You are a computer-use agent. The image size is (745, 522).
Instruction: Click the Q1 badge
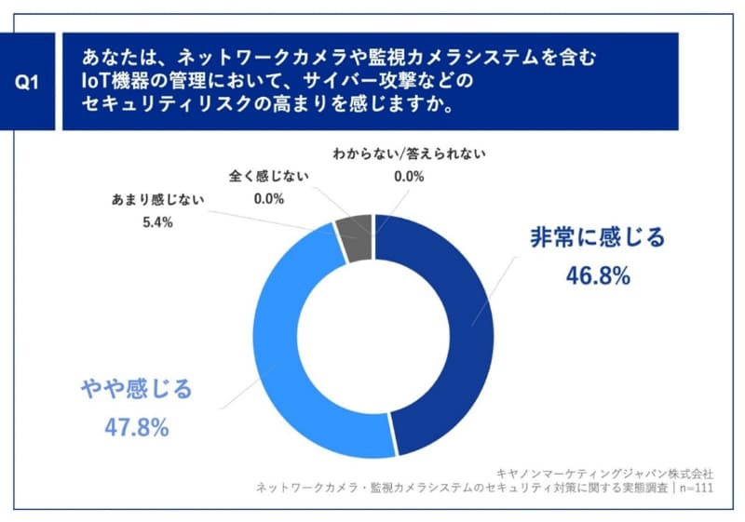(x=29, y=82)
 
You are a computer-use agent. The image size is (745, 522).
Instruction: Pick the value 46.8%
(x=598, y=275)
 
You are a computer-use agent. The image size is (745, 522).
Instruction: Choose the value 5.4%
(x=160, y=222)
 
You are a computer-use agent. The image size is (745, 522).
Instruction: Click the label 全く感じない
(x=269, y=175)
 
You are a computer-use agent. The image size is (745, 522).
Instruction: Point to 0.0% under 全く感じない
(x=269, y=197)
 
